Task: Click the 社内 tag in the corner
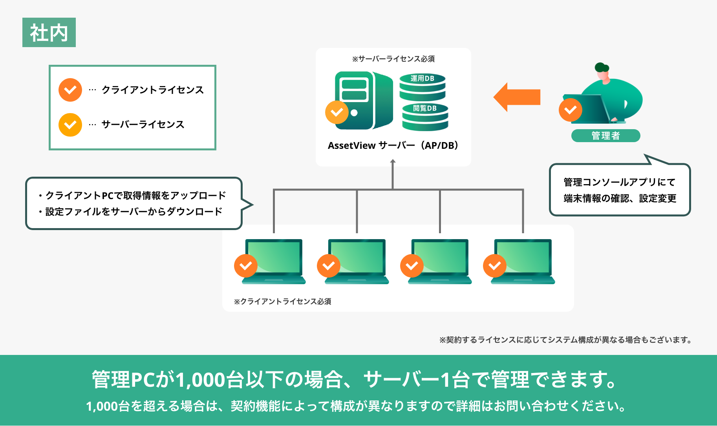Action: coord(49,33)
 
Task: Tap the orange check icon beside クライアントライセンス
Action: coord(70,90)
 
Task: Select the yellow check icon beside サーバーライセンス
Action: coord(70,125)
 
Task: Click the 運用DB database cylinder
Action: coord(423,87)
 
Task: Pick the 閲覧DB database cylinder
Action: coord(425,117)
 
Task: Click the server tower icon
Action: coord(364,101)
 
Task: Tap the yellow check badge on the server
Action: coord(337,112)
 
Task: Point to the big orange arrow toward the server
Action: coord(517,97)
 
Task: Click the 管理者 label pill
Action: coord(605,135)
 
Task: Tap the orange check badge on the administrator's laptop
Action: coord(571,110)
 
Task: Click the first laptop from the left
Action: coord(274,261)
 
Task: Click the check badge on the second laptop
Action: coord(329,266)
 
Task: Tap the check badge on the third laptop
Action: coord(412,266)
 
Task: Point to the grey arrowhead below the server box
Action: coord(393,161)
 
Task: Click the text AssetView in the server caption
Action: coord(352,146)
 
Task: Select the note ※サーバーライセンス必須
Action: coord(393,59)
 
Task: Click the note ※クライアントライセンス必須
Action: coord(283,302)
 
